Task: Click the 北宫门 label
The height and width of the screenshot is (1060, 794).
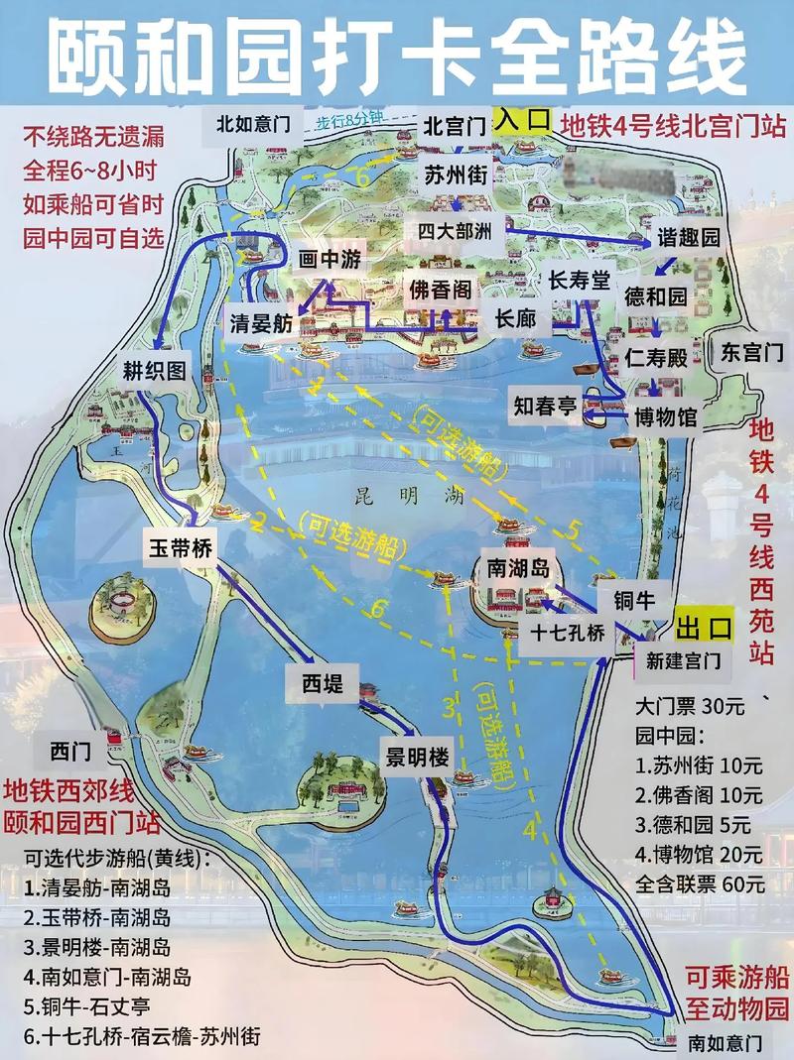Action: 454,126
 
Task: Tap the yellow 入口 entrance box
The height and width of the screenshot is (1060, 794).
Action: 523,120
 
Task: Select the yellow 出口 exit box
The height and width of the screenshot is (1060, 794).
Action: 704,627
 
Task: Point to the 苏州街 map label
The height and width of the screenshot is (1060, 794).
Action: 456,175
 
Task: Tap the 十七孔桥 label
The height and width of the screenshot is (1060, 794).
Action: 567,635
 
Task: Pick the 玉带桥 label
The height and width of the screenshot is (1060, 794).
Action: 183,547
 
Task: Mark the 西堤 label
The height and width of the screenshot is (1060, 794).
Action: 315,685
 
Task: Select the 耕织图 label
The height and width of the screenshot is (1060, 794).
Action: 155,371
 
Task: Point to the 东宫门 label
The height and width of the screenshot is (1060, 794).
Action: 751,351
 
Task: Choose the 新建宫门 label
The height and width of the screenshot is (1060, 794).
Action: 683,660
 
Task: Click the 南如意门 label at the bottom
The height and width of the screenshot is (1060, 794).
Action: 727,1043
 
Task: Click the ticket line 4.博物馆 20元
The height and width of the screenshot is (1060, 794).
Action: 700,853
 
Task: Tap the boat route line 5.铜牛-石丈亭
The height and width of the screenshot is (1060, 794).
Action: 90,1007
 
